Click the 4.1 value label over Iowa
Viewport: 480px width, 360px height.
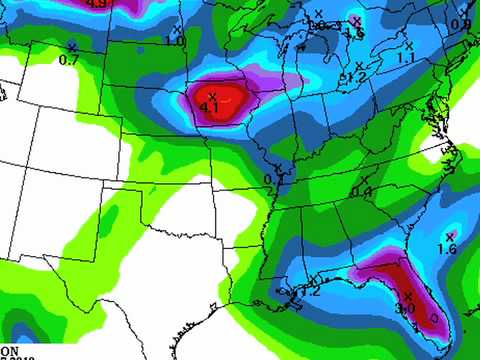[210, 106]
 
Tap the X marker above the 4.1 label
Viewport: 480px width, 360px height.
[212, 95]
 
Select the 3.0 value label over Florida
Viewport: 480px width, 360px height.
[405, 309]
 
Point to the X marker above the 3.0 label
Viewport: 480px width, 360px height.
[408, 295]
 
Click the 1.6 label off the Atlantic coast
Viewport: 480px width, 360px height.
[447, 249]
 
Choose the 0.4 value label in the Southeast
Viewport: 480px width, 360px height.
[362, 192]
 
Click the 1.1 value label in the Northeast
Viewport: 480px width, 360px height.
[406, 59]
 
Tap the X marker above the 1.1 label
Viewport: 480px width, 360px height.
[409, 46]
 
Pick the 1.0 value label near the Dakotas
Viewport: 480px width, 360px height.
[174, 41]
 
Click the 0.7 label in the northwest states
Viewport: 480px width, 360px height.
[69, 60]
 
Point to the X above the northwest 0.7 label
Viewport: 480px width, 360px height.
[72, 47]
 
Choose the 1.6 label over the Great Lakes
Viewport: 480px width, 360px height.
[353, 33]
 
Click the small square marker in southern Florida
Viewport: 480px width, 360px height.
[433, 317]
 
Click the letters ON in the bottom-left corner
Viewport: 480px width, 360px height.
[9, 350]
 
